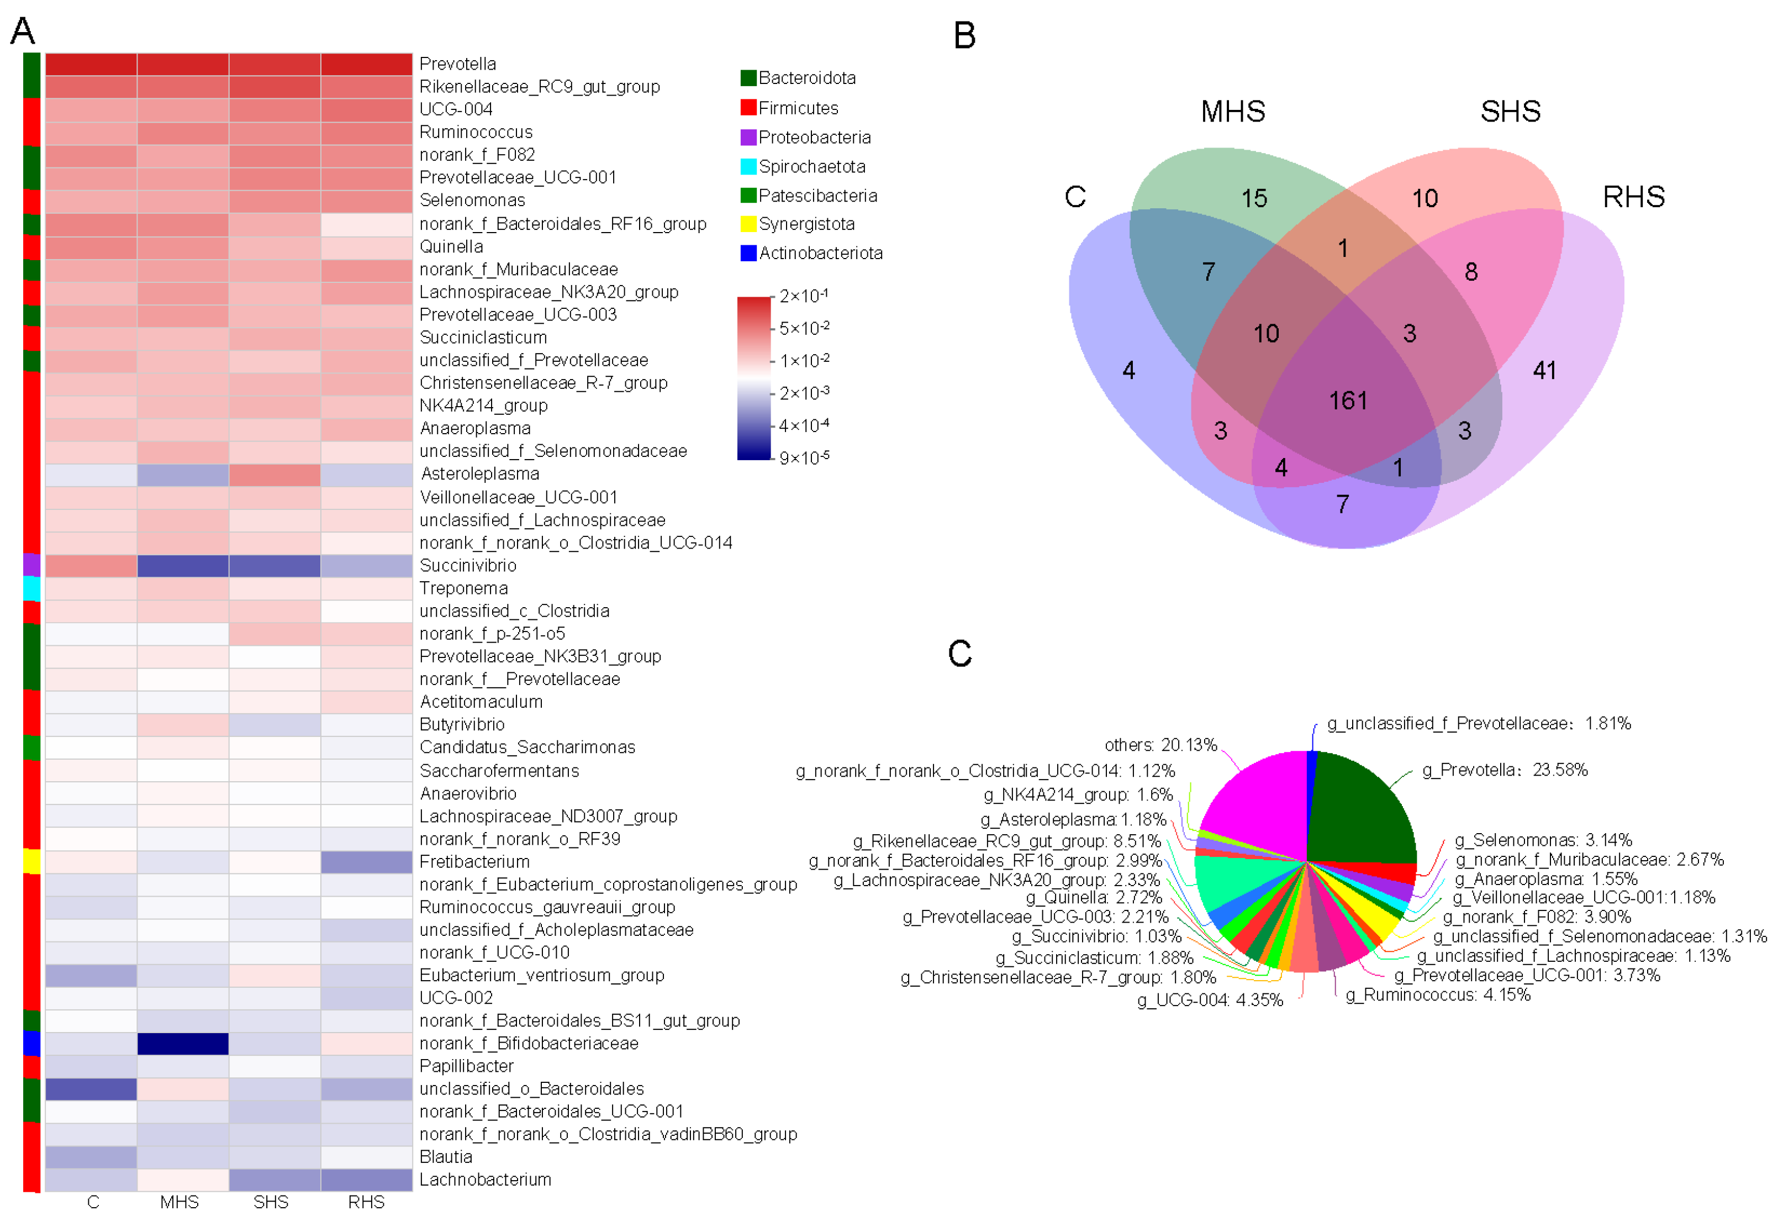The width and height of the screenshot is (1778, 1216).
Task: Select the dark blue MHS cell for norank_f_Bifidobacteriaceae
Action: [182, 1043]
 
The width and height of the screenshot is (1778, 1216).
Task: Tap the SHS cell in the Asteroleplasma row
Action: [274, 475]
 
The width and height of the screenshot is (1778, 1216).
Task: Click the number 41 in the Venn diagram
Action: [1544, 370]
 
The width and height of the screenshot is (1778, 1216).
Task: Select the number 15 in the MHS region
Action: [1254, 199]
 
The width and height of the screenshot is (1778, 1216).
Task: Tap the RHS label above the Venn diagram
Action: [1633, 197]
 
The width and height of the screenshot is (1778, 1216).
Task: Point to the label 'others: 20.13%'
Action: [1160, 745]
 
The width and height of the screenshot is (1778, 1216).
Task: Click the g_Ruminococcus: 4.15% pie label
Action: [1438, 995]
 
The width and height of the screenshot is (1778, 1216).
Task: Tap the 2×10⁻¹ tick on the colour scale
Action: [803, 296]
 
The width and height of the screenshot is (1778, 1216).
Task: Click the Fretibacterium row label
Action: [474, 862]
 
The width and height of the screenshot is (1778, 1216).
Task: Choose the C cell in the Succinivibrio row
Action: [91, 566]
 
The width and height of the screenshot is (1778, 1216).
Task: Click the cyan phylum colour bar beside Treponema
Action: [31, 588]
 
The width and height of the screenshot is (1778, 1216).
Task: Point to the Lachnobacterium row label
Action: [485, 1180]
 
